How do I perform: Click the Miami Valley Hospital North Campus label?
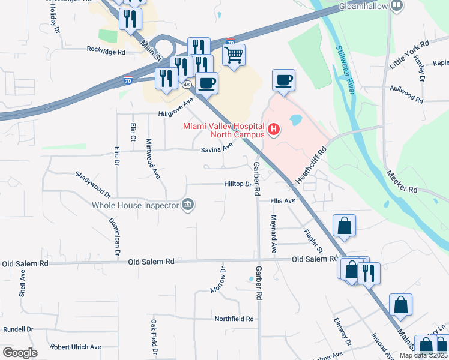[223, 130]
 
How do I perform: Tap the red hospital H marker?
[274, 129]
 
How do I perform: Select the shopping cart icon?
[234, 55]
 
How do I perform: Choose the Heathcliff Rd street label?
[311, 166]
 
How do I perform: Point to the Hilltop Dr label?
[238, 185]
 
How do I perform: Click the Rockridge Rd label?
[106, 51]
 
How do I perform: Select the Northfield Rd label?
[234, 319]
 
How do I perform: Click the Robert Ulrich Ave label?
[76, 347]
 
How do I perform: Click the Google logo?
[20, 353]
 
